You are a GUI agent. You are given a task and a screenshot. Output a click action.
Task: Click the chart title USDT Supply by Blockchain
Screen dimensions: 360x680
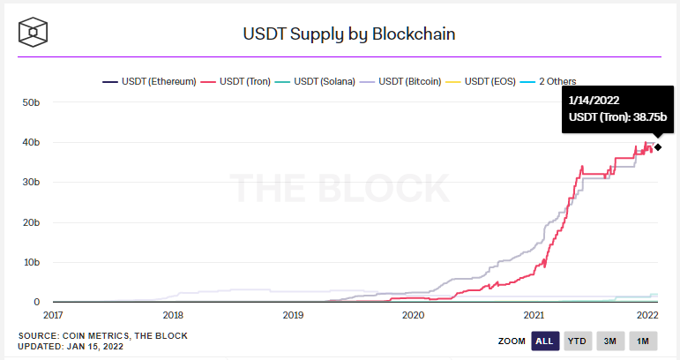[348, 34]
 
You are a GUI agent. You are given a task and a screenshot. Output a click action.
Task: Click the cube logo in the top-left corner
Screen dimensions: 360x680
[34, 33]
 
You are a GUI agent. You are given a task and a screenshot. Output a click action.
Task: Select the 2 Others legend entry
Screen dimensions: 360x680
[557, 81]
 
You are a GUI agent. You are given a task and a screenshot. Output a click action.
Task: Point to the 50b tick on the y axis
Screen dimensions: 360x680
[30, 102]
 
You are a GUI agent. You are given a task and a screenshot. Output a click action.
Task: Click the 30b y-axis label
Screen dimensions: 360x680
[30, 183]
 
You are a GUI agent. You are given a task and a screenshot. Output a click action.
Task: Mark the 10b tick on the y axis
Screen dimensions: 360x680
[30, 262]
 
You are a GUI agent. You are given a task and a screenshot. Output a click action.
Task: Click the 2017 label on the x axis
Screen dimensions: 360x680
[53, 314]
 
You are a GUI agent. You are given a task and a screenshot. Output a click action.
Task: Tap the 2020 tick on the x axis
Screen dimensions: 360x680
[413, 314]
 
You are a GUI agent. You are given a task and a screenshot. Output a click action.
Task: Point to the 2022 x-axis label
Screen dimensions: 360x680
[648, 314]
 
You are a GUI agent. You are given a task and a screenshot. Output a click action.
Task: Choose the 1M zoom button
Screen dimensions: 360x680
[643, 341]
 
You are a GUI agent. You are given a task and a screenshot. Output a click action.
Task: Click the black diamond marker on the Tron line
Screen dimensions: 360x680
[658, 146]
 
